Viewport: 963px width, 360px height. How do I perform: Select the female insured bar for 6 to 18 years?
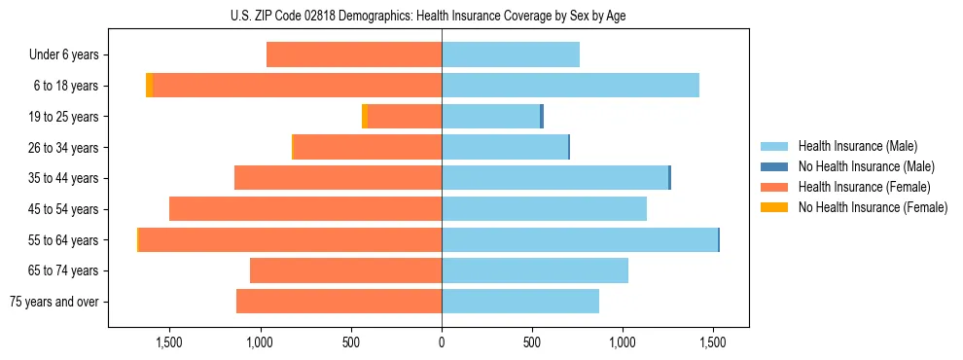(297, 86)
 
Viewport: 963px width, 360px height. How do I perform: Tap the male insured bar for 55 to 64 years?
(579, 239)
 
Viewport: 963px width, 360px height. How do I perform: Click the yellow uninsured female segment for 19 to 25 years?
(365, 117)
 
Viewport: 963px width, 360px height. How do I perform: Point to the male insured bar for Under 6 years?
(511, 54)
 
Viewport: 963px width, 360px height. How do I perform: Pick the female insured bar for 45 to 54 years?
(305, 209)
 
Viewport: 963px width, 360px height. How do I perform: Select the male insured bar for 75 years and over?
(520, 302)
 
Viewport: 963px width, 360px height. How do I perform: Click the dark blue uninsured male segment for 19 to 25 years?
(542, 117)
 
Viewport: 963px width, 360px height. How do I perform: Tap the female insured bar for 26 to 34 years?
(368, 147)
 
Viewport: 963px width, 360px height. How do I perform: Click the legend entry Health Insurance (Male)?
(857, 146)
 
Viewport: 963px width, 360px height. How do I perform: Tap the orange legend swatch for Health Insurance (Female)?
(774, 187)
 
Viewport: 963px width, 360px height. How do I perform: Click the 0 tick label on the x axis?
(442, 342)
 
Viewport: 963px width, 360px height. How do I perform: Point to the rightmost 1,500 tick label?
(713, 342)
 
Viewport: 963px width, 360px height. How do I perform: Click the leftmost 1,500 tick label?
(169, 342)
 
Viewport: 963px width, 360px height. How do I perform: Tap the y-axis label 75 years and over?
(54, 302)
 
